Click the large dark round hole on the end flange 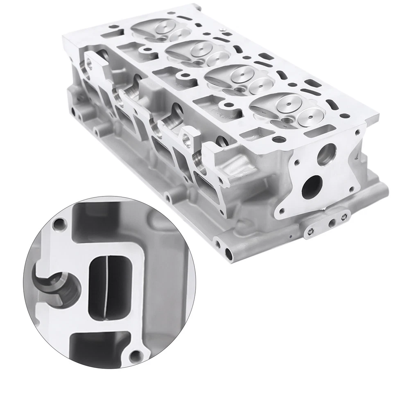[x=312, y=186]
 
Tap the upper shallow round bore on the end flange [x=326, y=154]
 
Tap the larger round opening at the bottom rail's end [x=228, y=254]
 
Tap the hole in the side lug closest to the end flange [x=187, y=141]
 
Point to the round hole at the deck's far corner [x=115, y=29]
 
